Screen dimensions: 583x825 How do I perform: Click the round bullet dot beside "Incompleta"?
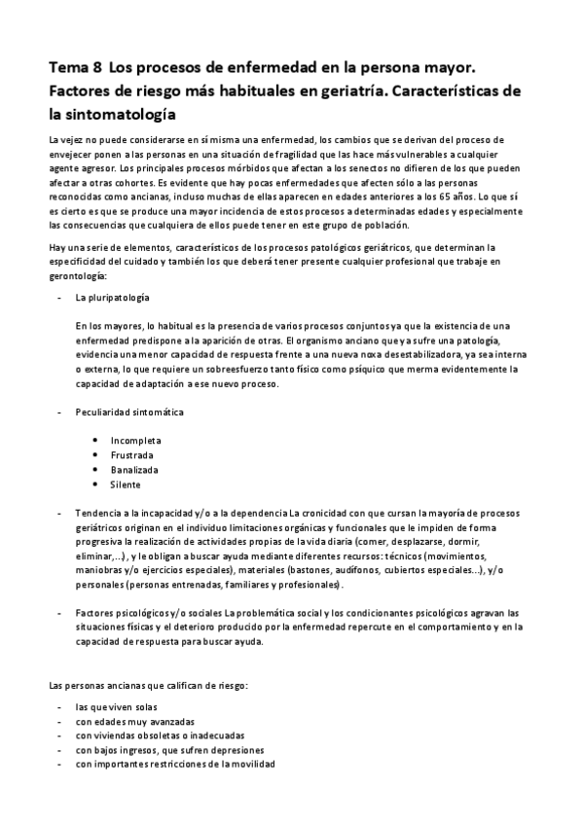coord(94,440)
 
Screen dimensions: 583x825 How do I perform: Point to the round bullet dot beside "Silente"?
coord(94,484)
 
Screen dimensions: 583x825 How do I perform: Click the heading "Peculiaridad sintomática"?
coord(129,412)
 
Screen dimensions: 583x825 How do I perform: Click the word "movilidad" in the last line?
coord(253,765)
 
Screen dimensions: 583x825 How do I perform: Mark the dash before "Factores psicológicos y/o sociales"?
coord(60,613)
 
